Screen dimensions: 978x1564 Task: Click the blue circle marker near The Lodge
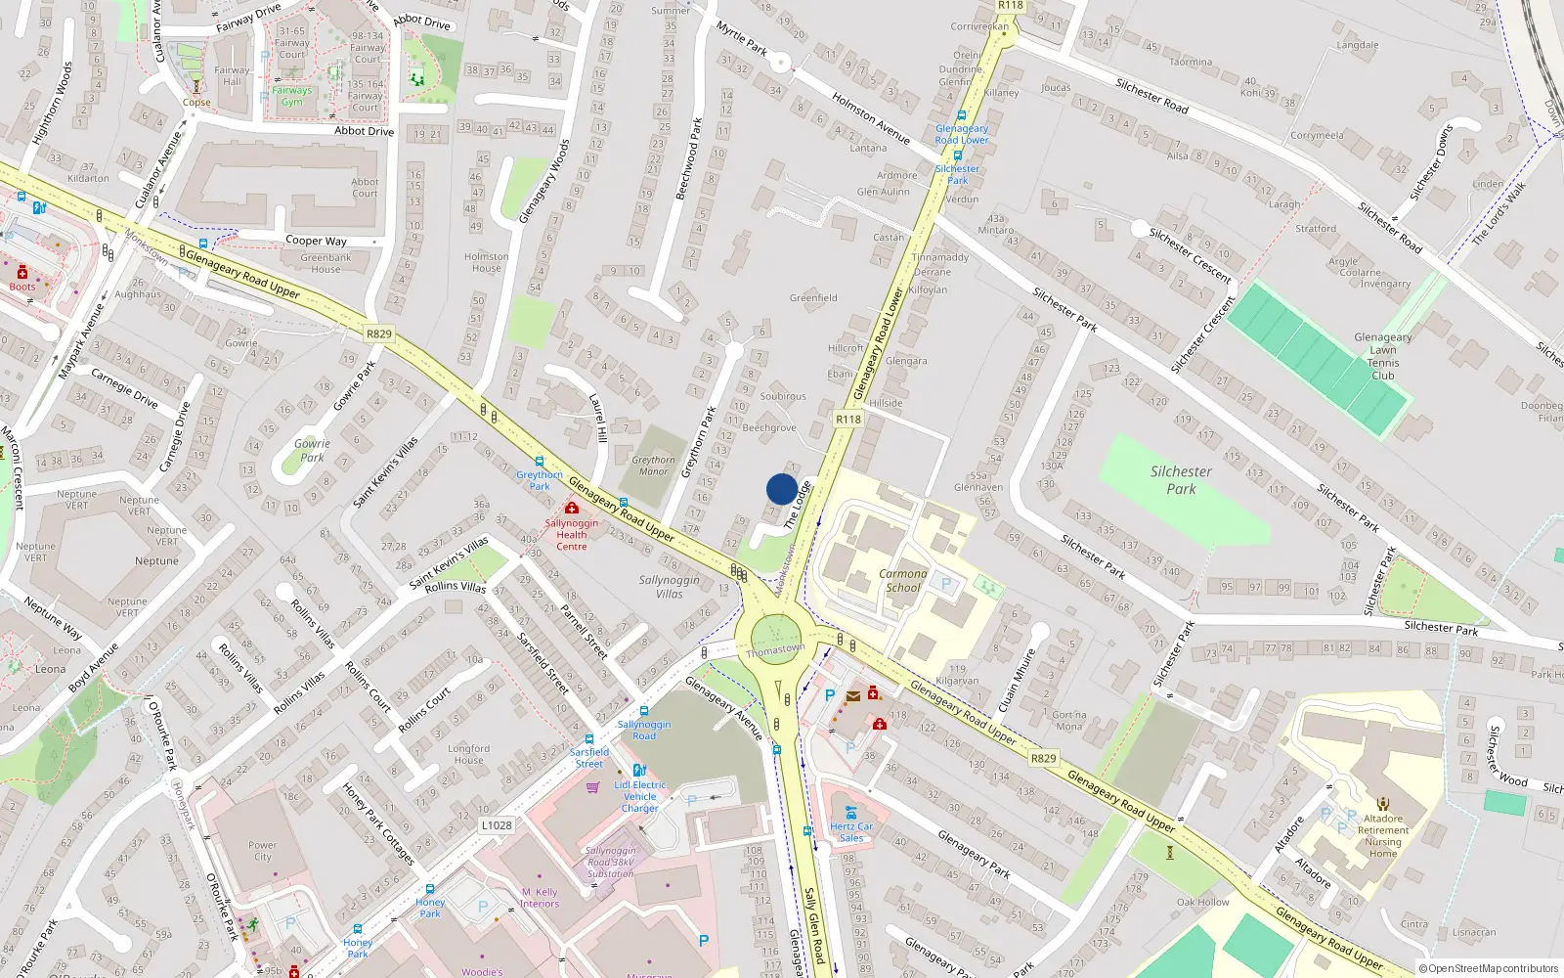tap(782, 489)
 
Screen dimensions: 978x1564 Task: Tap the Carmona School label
tap(902, 581)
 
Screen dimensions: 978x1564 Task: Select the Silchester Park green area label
tap(1181, 480)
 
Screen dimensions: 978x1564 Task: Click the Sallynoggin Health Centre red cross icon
tap(572, 508)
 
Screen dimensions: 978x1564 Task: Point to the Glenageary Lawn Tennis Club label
tap(1382, 356)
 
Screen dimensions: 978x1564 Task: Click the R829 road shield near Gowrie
tap(379, 333)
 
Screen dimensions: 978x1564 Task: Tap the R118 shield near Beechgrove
tap(848, 419)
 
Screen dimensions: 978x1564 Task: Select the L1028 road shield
tap(497, 825)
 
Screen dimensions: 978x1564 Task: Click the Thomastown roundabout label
tap(775, 649)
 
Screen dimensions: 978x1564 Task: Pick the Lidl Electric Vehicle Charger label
tap(640, 796)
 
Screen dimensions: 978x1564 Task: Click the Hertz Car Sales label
tap(851, 831)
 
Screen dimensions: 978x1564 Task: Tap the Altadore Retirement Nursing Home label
tap(1382, 836)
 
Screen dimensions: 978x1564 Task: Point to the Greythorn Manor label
tap(653, 466)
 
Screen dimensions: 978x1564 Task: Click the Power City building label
tap(262, 851)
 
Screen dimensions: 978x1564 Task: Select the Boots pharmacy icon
tap(22, 272)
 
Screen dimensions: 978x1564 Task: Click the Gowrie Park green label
tap(312, 450)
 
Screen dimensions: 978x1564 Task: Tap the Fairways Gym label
tap(291, 96)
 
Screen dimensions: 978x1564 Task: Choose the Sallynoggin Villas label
tap(670, 587)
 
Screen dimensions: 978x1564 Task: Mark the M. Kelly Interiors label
tap(540, 898)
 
